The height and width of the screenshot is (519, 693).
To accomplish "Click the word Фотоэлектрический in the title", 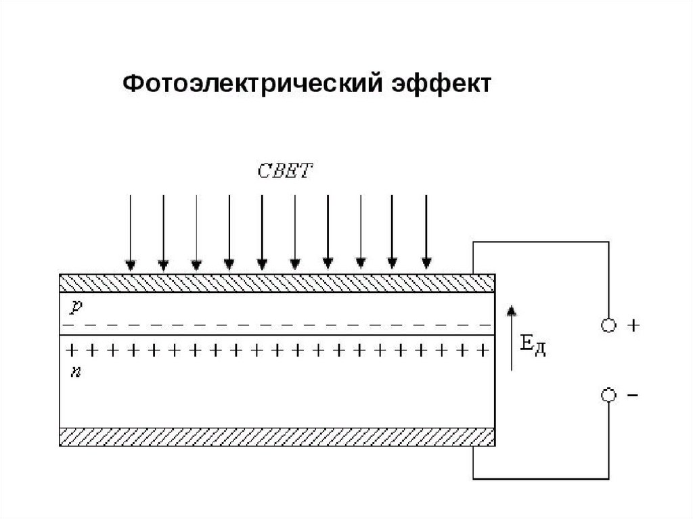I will click(252, 86).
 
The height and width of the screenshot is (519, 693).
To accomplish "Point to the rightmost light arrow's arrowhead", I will click(426, 263).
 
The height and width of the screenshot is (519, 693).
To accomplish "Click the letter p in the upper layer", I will click(76, 307).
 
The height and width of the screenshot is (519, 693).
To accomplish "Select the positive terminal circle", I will click(609, 325).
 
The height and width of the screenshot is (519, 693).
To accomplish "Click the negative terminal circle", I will click(609, 394).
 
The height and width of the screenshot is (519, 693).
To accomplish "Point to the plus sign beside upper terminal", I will click(633, 325).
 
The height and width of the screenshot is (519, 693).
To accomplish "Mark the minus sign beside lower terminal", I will click(633, 394).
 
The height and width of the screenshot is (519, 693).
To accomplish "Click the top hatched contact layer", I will click(277, 283).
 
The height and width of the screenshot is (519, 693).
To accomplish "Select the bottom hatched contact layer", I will click(277, 437).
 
